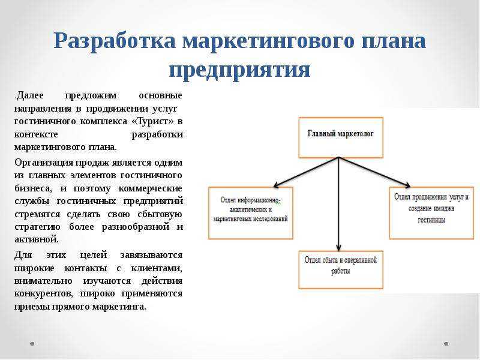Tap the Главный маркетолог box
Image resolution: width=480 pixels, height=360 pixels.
coord(340,137)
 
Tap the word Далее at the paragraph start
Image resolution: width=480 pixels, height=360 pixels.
coord(29,95)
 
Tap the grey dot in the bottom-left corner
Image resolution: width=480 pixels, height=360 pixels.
coord(32,343)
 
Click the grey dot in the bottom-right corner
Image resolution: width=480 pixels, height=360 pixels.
coord(446,343)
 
